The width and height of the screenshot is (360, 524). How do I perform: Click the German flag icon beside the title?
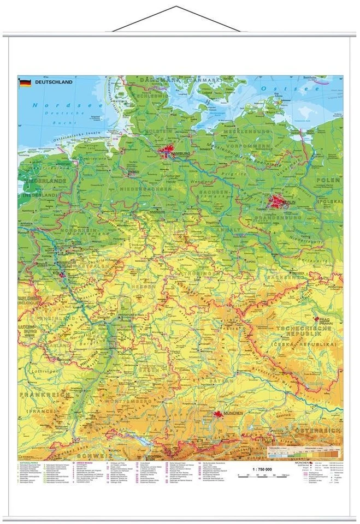click(25, 83)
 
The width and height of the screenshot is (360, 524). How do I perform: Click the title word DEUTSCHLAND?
click(54, 83)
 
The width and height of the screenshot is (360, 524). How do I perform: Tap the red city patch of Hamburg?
click(167, 153)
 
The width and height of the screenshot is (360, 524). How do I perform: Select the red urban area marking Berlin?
click(277, 203)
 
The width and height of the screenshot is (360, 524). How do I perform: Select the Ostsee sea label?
click(290, 88)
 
